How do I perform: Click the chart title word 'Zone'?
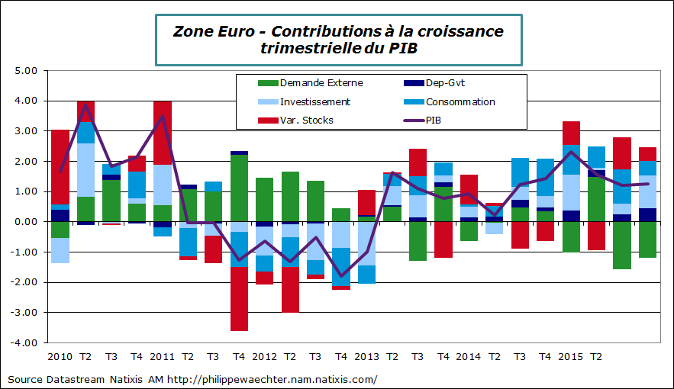(x=194, y=31)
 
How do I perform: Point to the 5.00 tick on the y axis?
(x=26, y=71)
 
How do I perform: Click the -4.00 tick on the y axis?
(x=24, y=342)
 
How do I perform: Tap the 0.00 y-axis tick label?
(x=26, y=222)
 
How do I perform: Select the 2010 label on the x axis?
(x=60, y=356)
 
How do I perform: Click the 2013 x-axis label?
(x=366, y=356)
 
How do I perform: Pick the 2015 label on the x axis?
(x=571, y=356)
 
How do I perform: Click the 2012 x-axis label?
(x=264, y=356)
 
